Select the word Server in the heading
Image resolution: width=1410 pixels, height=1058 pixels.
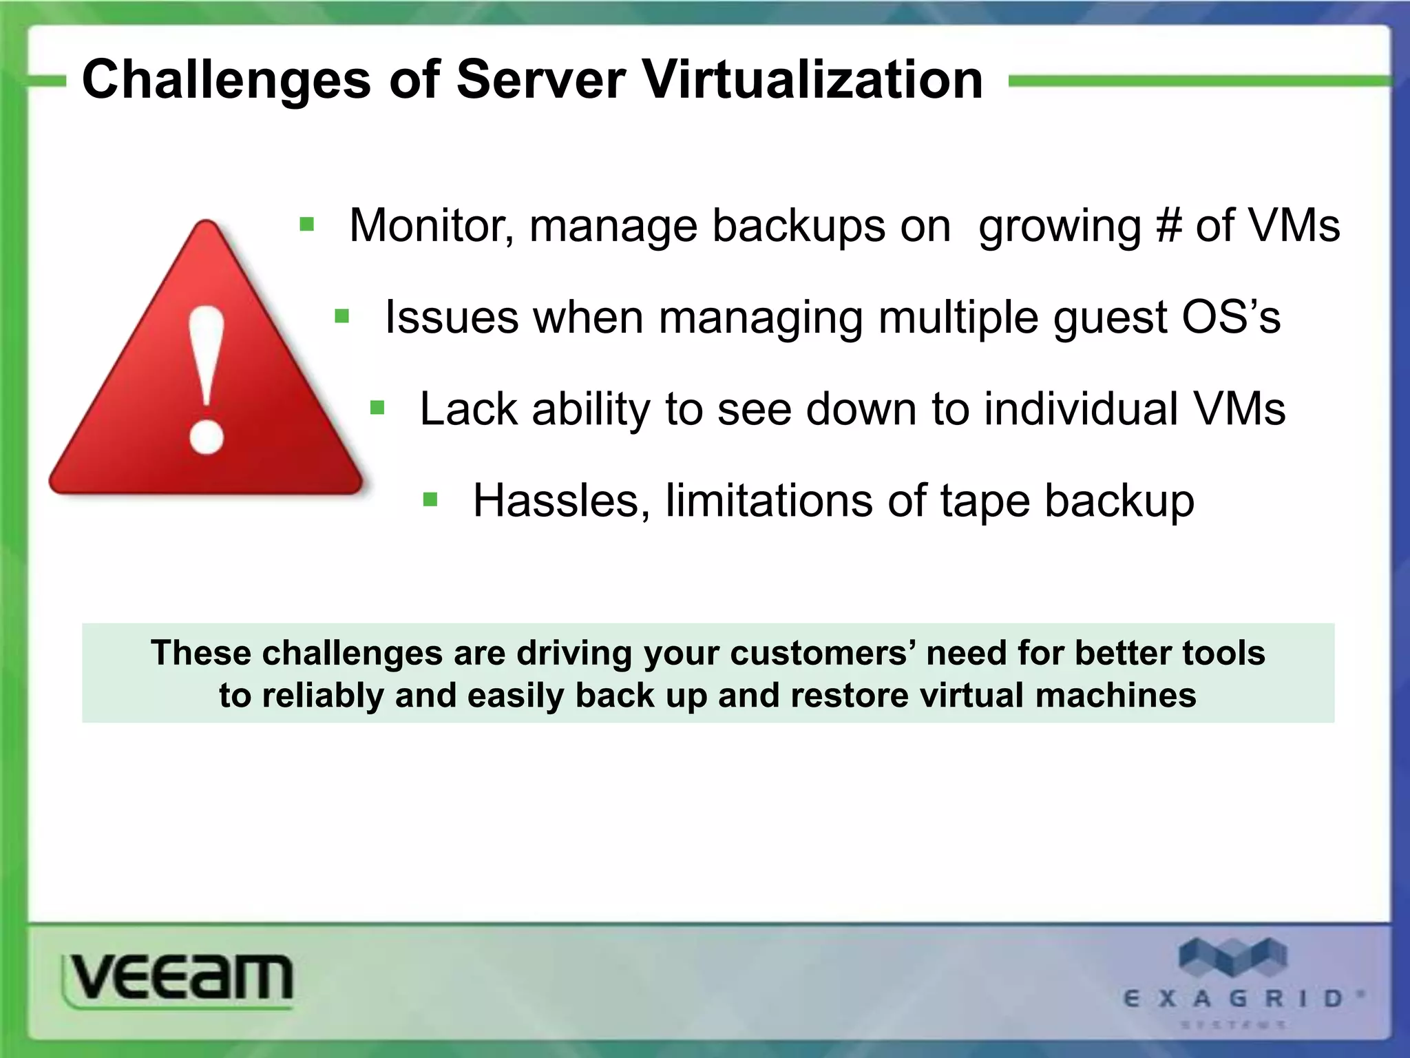coord(540,80)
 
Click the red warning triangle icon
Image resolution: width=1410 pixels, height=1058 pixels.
coord(206,372)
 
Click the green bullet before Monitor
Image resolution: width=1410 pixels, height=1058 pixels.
coord(307,225)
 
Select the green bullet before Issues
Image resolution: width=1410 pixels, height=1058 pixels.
coord(342,317)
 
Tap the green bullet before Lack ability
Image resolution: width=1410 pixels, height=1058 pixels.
coord(377,408)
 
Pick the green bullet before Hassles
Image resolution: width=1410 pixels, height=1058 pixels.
coord(430,499)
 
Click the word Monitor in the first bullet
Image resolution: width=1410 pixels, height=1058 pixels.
coord(431,226)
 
